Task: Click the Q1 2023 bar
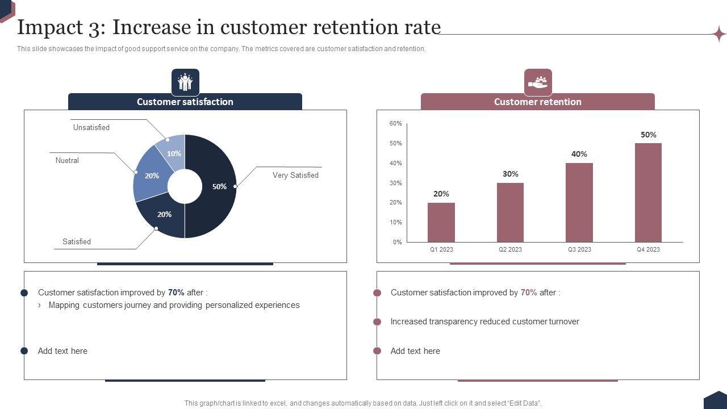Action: point(441,222)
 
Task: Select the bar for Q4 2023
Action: point(648,193)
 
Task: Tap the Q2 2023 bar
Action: point(510,212)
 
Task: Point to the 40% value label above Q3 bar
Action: point(579,154)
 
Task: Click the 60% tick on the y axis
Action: point(396,123)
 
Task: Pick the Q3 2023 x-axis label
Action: point(579,249)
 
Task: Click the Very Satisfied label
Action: point(295,175)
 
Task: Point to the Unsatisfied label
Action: point(91,127)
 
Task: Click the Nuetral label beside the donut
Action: point(67,160)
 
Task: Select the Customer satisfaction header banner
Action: point(185,102)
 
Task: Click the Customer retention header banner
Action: point(537,102)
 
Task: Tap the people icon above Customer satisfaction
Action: point(185,82)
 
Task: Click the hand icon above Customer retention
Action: point(538,82)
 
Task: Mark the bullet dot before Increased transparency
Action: point(377,322)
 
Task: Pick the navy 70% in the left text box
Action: point(176,293)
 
